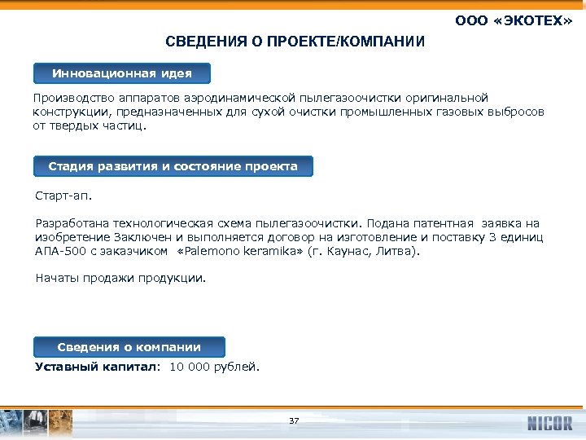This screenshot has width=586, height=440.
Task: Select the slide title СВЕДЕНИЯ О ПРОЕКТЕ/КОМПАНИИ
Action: coord(295,42)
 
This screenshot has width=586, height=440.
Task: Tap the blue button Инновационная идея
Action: coord(122,73)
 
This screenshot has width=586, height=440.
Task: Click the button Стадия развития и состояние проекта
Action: coord(173,166)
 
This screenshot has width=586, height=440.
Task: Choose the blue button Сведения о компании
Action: coord(129,346)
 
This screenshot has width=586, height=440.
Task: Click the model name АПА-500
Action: coord(59,252)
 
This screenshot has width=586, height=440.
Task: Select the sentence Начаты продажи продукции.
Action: coord(120,278)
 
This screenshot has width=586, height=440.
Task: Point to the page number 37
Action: coord(294,421)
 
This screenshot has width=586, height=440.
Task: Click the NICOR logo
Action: coord(549,423)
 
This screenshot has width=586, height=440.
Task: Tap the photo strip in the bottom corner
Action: coord(37,423)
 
